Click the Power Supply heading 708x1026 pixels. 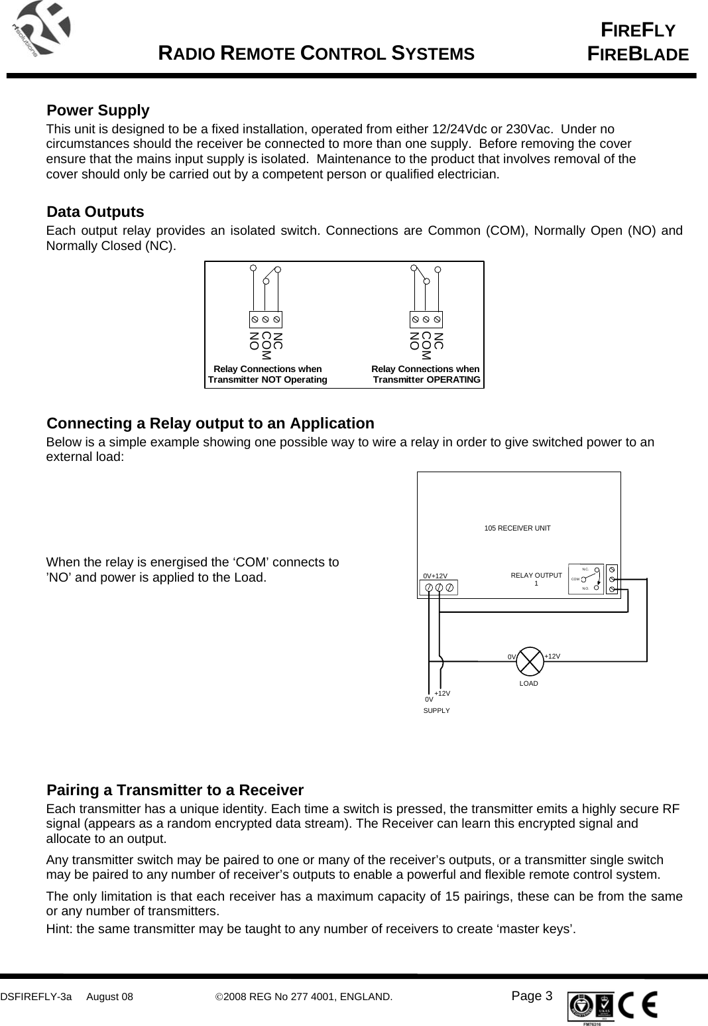click(98, 110)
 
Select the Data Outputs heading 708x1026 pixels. click(95, 212)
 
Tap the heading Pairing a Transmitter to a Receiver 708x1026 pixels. click(175, 791)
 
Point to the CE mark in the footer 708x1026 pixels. click(640, 1005)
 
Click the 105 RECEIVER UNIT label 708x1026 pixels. click(518, 528)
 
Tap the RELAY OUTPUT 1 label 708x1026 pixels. click(536, 579)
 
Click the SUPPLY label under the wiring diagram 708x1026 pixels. click(436, 710)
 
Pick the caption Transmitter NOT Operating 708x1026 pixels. click(268, 380)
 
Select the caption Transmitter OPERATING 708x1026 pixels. click(427, 380)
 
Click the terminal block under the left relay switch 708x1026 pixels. click(266, 319)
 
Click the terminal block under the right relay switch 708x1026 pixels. click(426, 319)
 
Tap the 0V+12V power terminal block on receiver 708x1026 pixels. click(439, 588)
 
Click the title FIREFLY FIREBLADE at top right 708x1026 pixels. click(638, 42)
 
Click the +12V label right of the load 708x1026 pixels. click(552, 656)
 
